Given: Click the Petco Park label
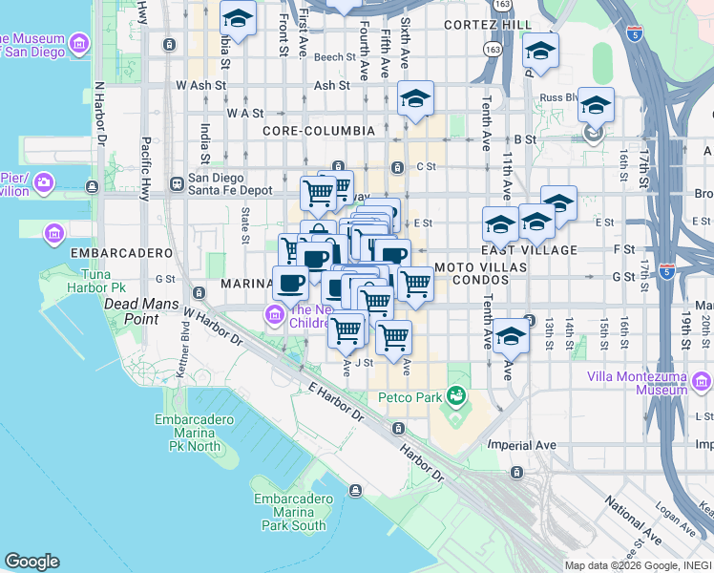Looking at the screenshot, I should click(x=409, y=397).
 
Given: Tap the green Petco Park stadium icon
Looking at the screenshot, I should click(x=456, y=393).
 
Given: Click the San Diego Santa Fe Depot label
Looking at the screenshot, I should click(x=229, y=184).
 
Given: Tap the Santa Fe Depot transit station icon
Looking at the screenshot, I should click(x=177, y=183).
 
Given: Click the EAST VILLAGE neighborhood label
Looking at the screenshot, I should click(x=536, y=250).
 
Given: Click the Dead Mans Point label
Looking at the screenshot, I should click(x=131, y=311).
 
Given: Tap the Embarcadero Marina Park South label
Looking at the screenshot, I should click(x=290, y=512).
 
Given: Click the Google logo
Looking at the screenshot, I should click(x=31, y=562).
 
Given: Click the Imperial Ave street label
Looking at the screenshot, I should click(x=521, y=445).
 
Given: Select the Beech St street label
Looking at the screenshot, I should click(x=335, y=57).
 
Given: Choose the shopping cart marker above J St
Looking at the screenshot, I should click(x=346, y=329).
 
